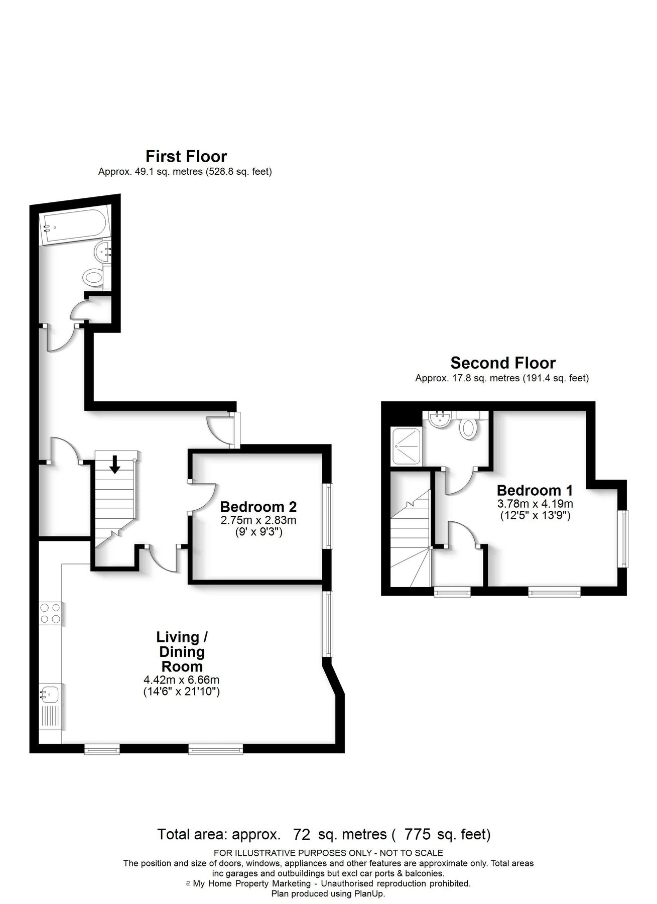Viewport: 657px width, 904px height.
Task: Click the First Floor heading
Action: [x=186, y=156]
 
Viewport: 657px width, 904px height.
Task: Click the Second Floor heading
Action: [x=503, y=363]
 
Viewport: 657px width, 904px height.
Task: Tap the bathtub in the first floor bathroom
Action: [x=74, y=227]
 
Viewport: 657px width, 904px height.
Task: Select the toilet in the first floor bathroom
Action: [x=93, y=276]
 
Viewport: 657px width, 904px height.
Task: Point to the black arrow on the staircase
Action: [x=115, y=464]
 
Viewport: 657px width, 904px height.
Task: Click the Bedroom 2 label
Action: [x=258, y=506]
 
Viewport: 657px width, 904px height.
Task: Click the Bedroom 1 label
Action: [x=535, y=490]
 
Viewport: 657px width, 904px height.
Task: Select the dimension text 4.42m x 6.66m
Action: [x=182, y=681]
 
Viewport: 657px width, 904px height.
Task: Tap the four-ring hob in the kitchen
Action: [x=51, y=614]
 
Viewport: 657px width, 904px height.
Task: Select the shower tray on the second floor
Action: [x=407, y=445]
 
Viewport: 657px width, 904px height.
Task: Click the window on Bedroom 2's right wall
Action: [x=328, y=516]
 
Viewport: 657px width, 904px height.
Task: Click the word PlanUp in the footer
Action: [x=371, y=893]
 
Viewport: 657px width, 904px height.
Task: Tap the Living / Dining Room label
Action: [x=182, y=651]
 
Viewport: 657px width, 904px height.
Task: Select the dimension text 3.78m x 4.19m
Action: [x=535, y=503]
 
